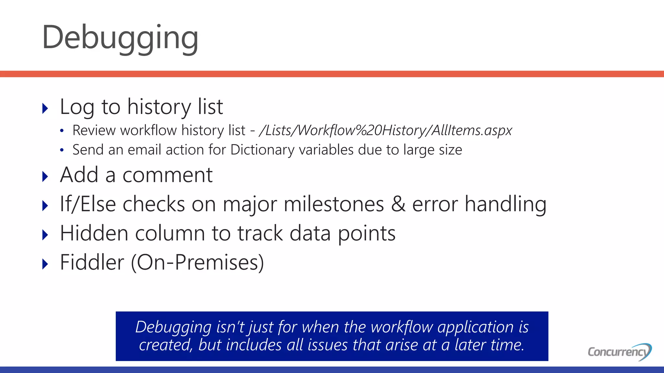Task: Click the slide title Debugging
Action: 120,38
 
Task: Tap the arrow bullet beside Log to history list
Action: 45,108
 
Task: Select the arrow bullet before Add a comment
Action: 45,176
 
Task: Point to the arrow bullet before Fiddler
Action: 45,264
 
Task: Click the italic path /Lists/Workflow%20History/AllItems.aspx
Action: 386,130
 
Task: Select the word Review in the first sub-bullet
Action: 94,130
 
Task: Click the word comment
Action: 167,175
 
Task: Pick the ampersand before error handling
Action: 398,204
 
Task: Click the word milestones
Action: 334,204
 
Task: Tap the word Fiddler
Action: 92,262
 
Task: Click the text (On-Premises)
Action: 197,262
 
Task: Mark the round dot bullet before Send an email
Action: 62,150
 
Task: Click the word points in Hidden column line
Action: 367,234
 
